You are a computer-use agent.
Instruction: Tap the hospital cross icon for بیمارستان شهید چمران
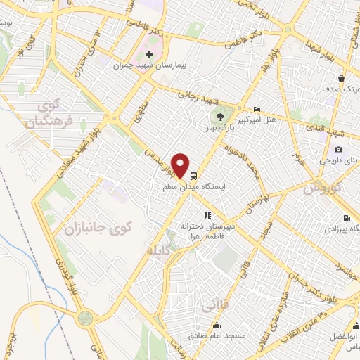tap(148, 54)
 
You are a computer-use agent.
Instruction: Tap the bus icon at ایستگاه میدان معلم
tap(193, 176)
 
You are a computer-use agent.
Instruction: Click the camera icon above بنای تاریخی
tap(339, 149)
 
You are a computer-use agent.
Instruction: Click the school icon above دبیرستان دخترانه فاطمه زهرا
tap(207, 215)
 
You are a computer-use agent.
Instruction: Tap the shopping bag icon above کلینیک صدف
tap(341, 78)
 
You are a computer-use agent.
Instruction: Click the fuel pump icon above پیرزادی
tap(345, 218)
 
